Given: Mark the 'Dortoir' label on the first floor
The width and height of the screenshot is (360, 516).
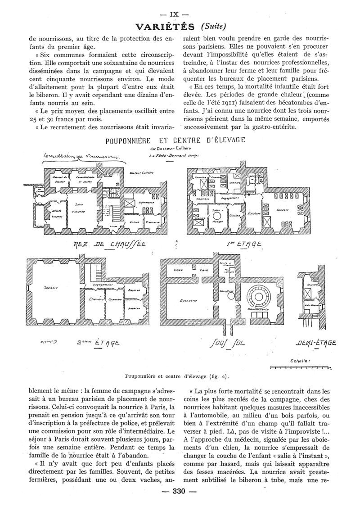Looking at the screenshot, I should point(283,210).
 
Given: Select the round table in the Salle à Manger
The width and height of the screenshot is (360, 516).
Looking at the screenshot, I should point(216,216).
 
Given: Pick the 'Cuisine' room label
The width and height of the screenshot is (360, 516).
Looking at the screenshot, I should point(234,216).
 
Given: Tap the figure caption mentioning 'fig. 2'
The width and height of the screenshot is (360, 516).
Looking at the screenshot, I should point(179,375).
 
